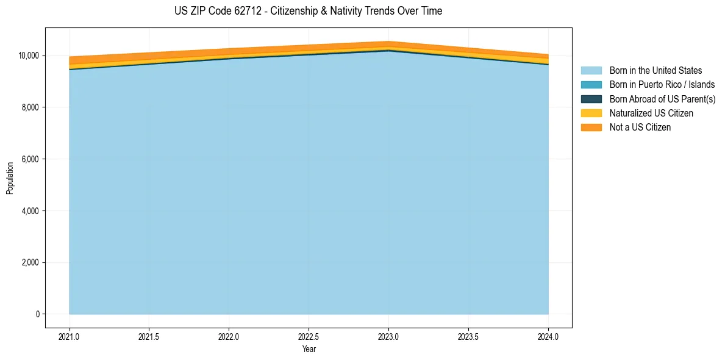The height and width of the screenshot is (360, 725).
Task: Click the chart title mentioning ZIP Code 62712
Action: [x=308, y=11]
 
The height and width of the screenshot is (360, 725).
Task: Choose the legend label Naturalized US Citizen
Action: [x=651, y=113]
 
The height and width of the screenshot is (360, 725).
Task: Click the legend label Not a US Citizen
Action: [x=640, y=128]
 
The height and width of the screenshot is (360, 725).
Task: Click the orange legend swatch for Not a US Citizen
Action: [x=591, y=128]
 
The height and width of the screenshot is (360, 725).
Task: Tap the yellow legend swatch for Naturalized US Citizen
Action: [x=591, y=113]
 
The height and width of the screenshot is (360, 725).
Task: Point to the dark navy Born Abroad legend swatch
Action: [x=591, y=99]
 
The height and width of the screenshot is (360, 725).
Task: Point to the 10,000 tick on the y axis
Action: [x=28, y=56]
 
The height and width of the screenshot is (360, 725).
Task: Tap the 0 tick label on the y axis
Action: [x=37, y=314]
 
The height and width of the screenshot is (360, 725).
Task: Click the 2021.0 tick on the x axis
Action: [x=70, y=336]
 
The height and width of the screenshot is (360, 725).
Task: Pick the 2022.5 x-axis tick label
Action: [x=309, y=336]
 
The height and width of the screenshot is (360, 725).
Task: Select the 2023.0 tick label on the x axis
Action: [x=388, y=336]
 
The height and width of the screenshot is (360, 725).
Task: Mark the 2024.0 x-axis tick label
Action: [x=548, y=336]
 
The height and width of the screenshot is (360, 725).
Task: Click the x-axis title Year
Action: [x=309, y=349]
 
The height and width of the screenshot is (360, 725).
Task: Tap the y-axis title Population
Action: [x=10, y=178]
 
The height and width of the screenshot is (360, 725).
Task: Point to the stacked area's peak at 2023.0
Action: [x=388, y=42]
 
